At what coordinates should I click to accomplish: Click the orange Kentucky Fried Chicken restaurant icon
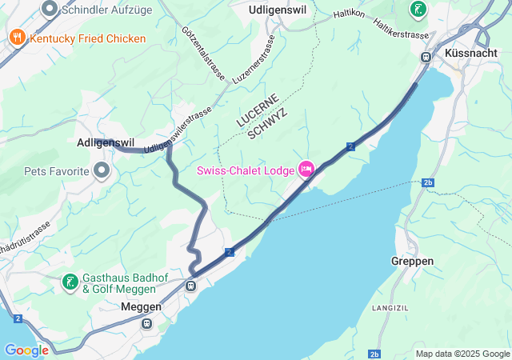pos(16,38)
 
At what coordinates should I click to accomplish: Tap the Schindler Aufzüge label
pos(107,10)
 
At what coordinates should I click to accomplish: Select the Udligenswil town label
pos(277,10)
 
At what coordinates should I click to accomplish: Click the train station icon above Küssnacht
pos(426,56)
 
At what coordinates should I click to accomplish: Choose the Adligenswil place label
pos(110,144)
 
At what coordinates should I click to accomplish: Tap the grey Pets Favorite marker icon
pos(102,170)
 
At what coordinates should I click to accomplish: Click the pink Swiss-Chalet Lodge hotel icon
pos(306,169)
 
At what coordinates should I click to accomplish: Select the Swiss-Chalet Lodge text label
pos(245,170)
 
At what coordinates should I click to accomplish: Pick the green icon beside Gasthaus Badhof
pos(70,282)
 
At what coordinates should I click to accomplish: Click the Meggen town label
pos(141,306)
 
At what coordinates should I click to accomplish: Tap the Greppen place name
pos(413,262)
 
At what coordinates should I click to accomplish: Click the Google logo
pos(26,350)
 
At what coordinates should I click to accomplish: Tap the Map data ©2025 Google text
pos(462,354)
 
